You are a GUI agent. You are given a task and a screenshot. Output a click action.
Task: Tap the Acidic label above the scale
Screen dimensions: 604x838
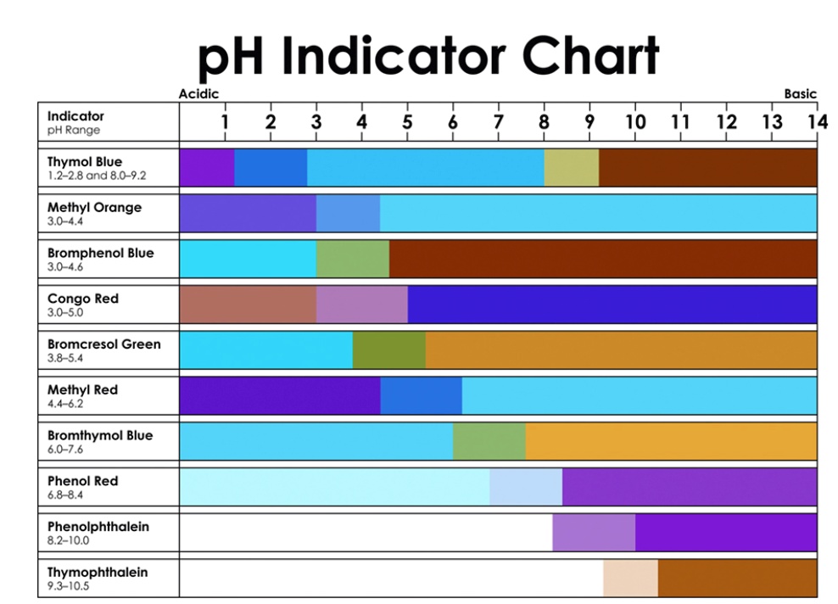point(198,94)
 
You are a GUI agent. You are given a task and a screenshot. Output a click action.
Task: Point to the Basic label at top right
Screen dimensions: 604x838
point(800,94)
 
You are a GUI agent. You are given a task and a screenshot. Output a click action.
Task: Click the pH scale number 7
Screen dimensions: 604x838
point(498,122)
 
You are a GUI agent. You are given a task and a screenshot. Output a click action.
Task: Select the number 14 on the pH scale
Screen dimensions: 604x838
point(816,122)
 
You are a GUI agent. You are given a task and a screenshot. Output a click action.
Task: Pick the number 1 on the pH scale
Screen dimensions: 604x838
point(225,122)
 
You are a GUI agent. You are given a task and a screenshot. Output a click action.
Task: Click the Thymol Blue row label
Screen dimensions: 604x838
point(85,162)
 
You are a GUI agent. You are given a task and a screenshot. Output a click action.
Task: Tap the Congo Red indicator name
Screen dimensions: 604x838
point(83,299)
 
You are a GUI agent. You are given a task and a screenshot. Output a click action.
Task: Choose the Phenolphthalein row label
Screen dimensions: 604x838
point(98,527)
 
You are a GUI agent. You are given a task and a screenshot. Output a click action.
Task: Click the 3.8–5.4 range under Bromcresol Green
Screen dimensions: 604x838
point(65,358)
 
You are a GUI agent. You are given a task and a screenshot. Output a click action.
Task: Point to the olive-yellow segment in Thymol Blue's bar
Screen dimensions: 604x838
point(571,168)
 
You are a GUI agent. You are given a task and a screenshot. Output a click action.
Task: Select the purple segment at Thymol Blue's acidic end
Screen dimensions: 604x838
point(206,168)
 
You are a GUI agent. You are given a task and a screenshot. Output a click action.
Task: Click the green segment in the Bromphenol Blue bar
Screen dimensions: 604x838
point(352,259)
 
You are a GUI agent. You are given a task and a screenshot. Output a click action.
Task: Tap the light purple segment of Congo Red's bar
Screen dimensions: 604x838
point(361,305)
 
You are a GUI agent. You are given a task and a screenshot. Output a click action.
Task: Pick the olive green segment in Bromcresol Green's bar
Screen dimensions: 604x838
point(388,350)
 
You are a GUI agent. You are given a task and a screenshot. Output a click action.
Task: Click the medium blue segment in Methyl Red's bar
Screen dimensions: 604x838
point(421,395)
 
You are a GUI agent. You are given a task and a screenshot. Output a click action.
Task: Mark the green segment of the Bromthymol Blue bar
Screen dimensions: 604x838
point(489,441)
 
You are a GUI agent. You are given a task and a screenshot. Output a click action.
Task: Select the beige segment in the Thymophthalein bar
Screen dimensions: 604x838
point(630,578)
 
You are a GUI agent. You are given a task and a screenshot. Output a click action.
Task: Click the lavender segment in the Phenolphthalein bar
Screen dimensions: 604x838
point(593,532)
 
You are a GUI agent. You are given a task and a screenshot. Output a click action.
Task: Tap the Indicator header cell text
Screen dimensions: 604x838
point(75,116)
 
